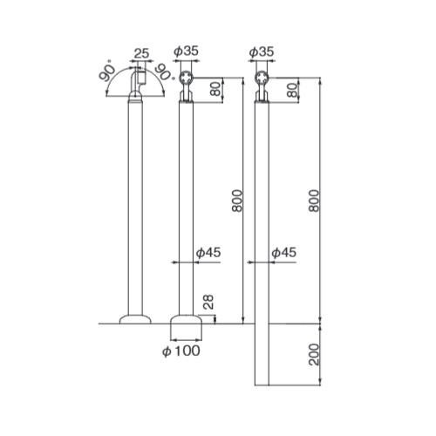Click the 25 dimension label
[141, 54]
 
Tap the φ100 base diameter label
[181, 351]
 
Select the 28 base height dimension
[208, 303]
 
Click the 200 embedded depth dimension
[314, 355]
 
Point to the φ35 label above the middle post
[186, 51]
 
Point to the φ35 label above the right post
[262, 52]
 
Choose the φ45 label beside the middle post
[208, 253]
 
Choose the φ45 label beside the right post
[284, 253]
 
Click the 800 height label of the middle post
[237, 201]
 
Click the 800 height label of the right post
[314, 201]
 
